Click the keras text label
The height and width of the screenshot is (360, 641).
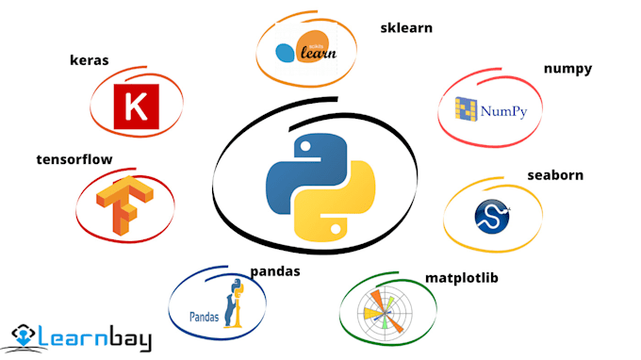pos(89,60)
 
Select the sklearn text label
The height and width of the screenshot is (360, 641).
pos(405,27)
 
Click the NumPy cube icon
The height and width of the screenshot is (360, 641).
pos(467,111)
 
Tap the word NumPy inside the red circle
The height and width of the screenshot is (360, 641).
pos(503,112)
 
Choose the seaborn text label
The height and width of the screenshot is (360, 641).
pos(555,174)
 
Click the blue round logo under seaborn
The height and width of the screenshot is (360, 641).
pos(492,214)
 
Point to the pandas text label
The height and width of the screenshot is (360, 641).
pos(275,271)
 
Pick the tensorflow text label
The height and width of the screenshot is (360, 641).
pos(74,159)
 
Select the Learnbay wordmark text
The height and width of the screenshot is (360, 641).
pos(95,336)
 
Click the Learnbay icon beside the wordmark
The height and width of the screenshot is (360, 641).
pos(26,336)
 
